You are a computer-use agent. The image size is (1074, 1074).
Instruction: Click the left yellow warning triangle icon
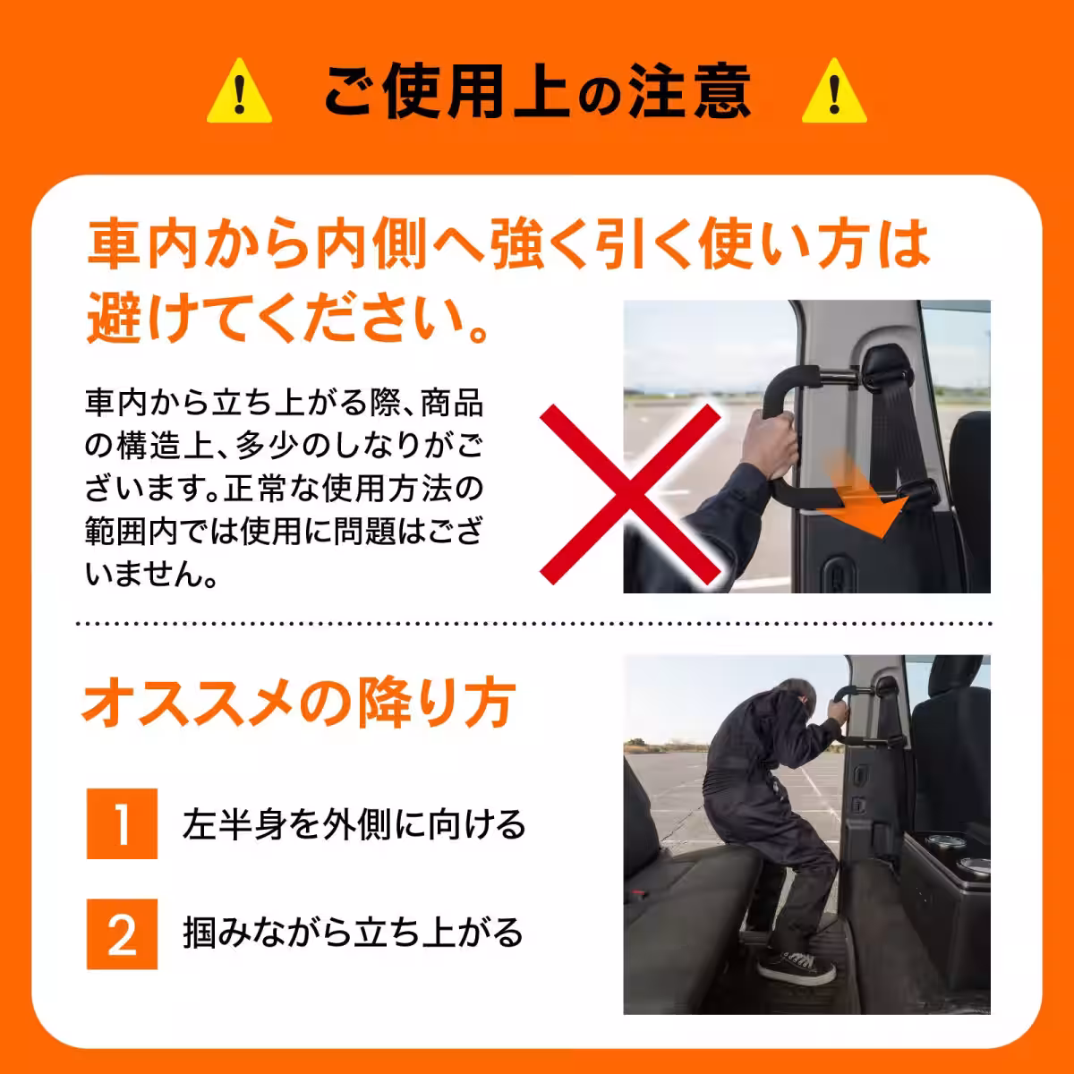point(239,93)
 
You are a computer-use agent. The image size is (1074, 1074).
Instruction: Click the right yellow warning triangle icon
point(834,93)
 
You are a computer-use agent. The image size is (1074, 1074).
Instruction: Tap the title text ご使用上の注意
point(537,92)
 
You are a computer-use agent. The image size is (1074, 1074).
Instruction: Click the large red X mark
point(631,492)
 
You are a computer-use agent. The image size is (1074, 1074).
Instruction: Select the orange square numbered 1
point(122,824)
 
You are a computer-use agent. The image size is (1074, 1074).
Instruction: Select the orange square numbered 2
point(122,934)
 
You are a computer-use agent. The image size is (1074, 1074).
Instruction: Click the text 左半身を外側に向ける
point(354,824)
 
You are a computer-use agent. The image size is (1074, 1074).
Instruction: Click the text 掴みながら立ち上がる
point(353,933)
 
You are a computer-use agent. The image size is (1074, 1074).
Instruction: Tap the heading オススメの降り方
point(299,703)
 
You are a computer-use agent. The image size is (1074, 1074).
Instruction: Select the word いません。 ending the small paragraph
point(152,575)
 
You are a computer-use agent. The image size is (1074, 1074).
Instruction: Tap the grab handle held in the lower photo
point(859,689)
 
